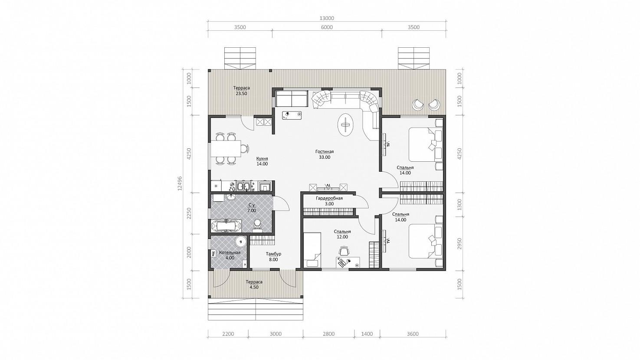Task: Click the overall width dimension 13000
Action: click(x=327, y=18)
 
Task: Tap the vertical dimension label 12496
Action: click(x=180, y=183)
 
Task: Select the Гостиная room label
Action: click(x=325, y=152)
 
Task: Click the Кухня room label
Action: click(x=62, y=159)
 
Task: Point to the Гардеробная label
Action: click(x=329, y=198)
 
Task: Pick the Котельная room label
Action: click(x=230, y=252)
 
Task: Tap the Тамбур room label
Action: click(x=273, y=254)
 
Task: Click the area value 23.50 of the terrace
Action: click(x=241, y=93)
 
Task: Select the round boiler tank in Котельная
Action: click(x=241, y=242)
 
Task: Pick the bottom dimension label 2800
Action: click(x=328, y=334)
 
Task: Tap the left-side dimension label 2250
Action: click(x=189, y=213)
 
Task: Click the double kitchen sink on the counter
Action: click(x=243, y=186)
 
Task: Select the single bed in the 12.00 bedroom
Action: click(x=312, y=250)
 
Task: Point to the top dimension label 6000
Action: click(x=327, y=27)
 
